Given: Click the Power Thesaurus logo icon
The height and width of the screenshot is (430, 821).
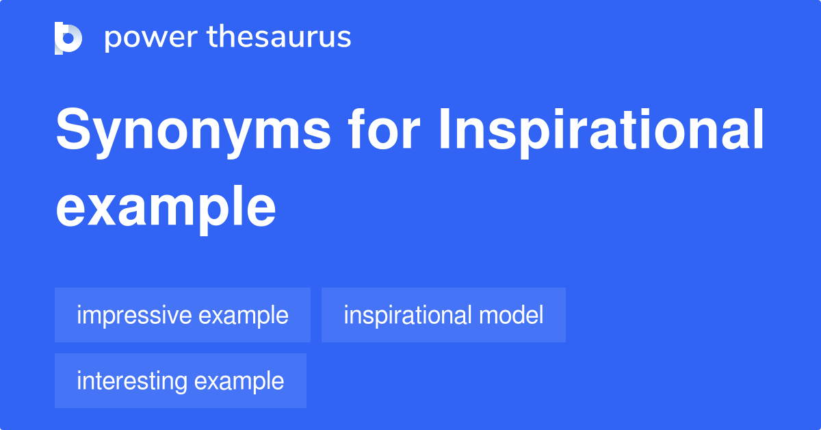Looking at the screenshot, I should pos(68,38).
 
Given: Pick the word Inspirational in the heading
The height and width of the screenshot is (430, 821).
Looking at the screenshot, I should pos(601,131).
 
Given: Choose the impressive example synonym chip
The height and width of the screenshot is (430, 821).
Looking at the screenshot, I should pos(183,316).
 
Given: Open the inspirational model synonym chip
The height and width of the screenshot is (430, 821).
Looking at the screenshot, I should pos(443,316).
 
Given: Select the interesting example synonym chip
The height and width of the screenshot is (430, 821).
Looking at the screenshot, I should pos(181,381).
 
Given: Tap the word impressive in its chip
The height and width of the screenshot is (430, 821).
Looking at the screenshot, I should pos(134,316).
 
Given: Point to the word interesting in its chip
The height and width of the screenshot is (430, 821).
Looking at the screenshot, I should pos(132,381).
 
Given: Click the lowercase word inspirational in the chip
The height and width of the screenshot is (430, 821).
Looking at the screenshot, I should pos(408,316).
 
